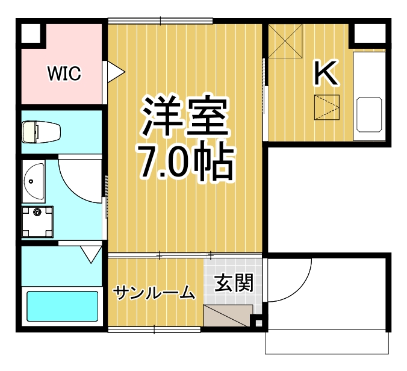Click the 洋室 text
click(185, 116)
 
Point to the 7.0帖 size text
click(185, 161)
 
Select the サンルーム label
click(155, 293)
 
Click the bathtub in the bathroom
click(63, 307)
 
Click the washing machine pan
click(38, 222)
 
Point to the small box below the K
click(326, 108)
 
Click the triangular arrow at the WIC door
click(115, 72)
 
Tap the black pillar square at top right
click(369, 33)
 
